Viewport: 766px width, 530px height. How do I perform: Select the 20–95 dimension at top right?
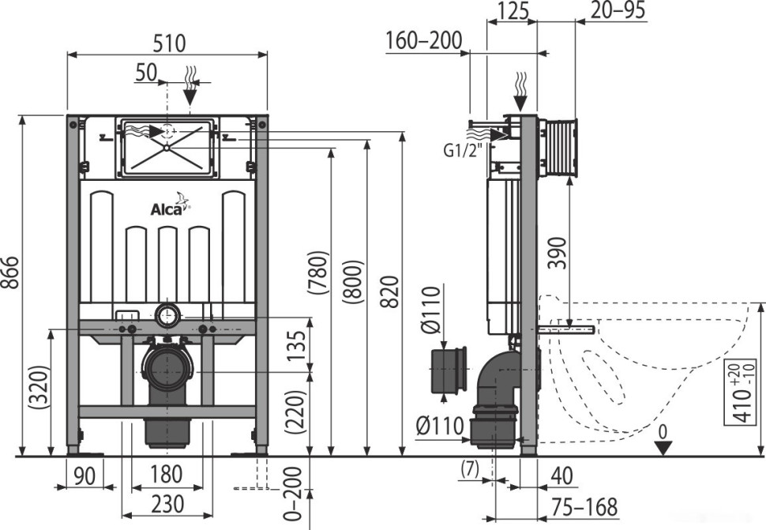(618, 10)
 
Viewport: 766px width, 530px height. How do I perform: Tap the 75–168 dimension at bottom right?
(584, 506)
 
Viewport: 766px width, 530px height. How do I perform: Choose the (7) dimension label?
(471, 468)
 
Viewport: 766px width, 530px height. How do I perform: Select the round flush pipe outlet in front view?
(167, 316)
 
